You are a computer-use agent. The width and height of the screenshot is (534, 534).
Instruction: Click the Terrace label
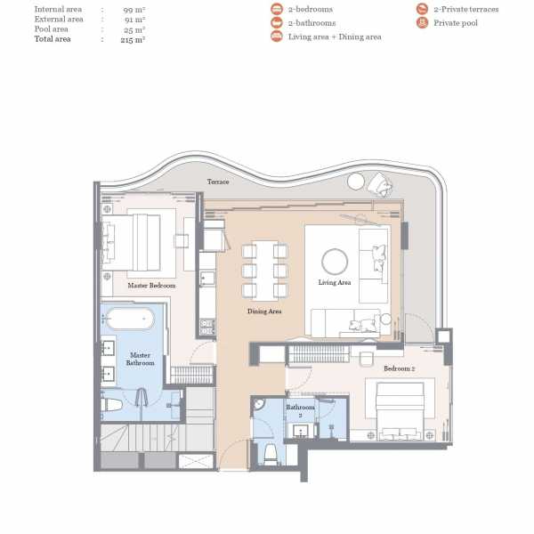(218, 182)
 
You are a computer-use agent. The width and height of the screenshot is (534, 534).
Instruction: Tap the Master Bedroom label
(151, 286)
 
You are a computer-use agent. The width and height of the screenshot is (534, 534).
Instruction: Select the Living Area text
(335, 282)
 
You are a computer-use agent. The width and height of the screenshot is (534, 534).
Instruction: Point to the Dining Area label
(264, 311)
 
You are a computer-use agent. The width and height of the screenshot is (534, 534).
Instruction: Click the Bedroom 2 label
(399, 368)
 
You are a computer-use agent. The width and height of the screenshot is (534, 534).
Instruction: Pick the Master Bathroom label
(140, 359)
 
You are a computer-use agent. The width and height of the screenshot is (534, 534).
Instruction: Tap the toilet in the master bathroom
(112, 405)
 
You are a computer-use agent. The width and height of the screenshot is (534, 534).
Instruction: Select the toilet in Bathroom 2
(271, 455)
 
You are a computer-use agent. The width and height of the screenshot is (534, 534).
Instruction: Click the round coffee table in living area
(335, 262)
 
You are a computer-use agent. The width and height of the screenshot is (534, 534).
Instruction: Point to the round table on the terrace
(356, 182)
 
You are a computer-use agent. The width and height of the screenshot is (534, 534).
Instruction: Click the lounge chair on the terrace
(380, 184)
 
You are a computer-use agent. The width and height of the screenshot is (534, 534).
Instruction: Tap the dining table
(265, 271)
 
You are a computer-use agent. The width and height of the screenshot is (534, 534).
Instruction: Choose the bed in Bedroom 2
(400, 411)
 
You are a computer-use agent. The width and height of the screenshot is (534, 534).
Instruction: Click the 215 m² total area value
(133, 39)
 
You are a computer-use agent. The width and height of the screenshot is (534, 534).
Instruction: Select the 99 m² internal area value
(134, 10)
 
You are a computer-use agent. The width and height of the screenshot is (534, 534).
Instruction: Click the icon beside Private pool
(422, 23)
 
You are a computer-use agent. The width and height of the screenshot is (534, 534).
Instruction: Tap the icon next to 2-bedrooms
(277, 9)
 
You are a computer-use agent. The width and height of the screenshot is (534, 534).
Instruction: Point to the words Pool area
(51, 29)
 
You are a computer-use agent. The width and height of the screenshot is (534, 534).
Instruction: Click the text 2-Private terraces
(466, 9)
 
